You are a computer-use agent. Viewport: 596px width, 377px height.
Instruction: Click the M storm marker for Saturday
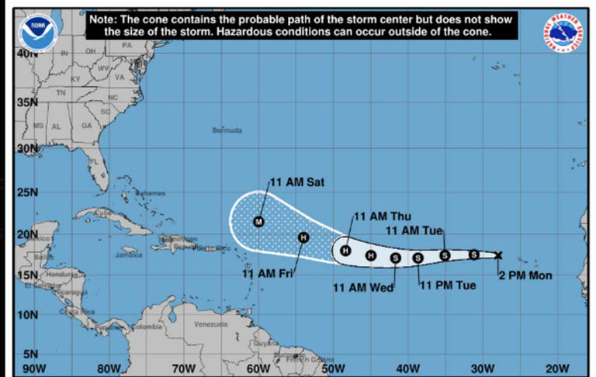click(x=259, y=222)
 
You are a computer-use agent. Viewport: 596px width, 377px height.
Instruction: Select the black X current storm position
click(x=498, y=255)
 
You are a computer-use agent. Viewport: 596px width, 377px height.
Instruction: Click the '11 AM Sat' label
click(x=297, y=182)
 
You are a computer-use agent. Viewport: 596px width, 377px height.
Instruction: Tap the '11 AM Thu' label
click(x=383, y=216)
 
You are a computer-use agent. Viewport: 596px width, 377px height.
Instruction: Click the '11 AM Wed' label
click(x=363, y=288)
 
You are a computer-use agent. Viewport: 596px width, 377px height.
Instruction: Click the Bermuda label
click(x=227, y=130)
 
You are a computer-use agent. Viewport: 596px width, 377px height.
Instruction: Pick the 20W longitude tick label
click(x=558, y=368)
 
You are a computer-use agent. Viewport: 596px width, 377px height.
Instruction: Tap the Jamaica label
click(x=128, y=254)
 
